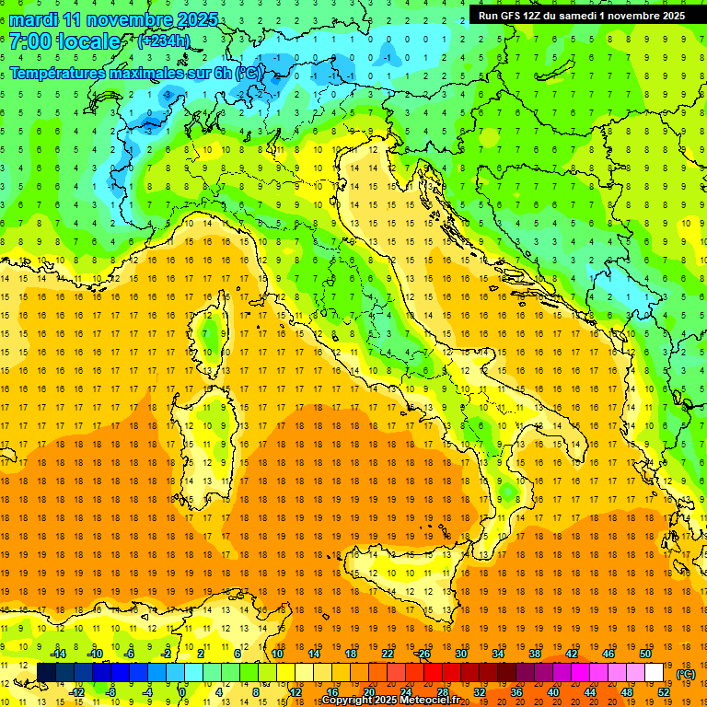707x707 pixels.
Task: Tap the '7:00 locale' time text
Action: pyautogui.click(x=64, y=41)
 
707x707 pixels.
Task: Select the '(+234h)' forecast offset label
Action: pyautogui.click(x=164, y=41)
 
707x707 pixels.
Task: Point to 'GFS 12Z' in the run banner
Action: pyautogui.click(x=516, y=16)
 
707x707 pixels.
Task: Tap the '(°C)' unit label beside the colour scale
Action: pyautogui.click(x=686, y=674)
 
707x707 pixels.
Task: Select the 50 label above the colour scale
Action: pyautogui.click(x=645, y=654)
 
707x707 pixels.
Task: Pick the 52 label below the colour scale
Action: pyautogui.click(x=664, y=692)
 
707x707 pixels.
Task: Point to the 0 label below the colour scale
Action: pyautogui.click(x=183, y=692)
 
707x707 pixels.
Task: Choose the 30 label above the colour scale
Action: pyautogui.click(x=461, y=654)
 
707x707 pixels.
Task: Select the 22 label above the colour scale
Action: pyautogui.click(x=388, y=654)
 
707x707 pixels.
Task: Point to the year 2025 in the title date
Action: pyautogui.click(x=198, y=19)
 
